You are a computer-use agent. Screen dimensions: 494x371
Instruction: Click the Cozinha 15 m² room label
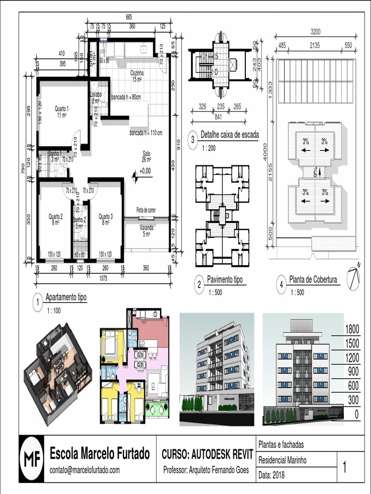tap(137, 76)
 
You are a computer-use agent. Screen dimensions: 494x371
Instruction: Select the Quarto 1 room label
tap(61, 111)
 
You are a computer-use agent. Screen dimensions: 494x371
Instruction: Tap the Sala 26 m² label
tap(146, 156)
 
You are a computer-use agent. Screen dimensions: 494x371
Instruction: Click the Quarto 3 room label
tap(105, 220)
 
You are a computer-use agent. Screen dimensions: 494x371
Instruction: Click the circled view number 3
tap(193, 140)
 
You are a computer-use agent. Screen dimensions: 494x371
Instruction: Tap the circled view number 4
tap(282, 285)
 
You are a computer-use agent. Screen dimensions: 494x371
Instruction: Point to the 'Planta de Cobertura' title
tap(313, 279)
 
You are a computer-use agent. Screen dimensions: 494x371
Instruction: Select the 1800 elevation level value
tap(352, 329)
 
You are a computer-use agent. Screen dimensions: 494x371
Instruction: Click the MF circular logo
tap(32, 459)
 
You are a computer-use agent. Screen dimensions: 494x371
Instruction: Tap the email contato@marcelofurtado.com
tap(85, 470)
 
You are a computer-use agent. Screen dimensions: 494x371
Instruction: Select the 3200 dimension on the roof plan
tap(315, 32)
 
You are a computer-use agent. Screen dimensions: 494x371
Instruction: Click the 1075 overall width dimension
tap(103, 278)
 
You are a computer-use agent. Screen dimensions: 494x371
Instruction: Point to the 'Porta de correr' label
tap(146, 210)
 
